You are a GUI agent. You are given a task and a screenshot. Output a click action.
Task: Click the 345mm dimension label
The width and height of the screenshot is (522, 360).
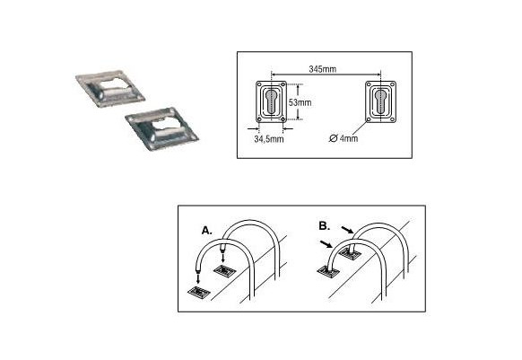pos(322,69)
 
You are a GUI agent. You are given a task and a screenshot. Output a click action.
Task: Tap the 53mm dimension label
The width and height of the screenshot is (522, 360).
pos(300,102)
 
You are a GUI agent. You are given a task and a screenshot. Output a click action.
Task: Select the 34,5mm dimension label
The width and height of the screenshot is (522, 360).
pos(269,139)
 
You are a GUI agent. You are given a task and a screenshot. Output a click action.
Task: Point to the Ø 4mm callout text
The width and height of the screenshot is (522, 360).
pos(344,138)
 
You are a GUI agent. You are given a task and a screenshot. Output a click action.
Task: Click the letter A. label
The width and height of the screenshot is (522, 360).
pos(206,231)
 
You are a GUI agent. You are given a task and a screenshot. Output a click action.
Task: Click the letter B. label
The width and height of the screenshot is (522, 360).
pos(325,226)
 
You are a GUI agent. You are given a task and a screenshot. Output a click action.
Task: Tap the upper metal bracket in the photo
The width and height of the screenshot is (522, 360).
pos(110,89)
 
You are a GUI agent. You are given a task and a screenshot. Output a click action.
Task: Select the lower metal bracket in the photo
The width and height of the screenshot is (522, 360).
pos(161,129)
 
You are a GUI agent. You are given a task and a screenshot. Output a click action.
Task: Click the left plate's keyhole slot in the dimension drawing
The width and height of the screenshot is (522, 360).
pos(273,101)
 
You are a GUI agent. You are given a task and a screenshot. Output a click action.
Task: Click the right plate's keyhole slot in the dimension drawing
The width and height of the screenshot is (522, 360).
pos(380,101)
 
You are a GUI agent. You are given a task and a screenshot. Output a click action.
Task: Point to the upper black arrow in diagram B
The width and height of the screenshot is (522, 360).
pos(347,230)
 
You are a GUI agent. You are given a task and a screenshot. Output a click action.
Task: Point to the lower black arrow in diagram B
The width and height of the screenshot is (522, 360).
pos(326,244)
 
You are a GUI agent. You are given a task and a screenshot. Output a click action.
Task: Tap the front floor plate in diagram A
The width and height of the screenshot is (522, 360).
pos(199,293)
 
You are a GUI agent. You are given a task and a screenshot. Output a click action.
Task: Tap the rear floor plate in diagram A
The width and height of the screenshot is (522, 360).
pos(225,270)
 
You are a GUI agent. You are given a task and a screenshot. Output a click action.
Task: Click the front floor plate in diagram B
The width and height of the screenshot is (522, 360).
pos(328,271)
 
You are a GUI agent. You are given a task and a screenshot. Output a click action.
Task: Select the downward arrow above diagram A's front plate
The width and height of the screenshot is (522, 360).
pos(198,277)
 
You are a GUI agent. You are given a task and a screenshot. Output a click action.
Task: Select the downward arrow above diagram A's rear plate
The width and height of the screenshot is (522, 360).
pos(222,257)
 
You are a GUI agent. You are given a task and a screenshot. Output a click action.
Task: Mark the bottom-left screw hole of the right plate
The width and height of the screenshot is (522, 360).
pos(369,119)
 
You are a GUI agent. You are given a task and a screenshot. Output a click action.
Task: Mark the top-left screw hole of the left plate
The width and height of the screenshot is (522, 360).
pos(259,84)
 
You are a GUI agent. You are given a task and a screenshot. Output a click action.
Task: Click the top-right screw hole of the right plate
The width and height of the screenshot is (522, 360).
pos(393,84)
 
